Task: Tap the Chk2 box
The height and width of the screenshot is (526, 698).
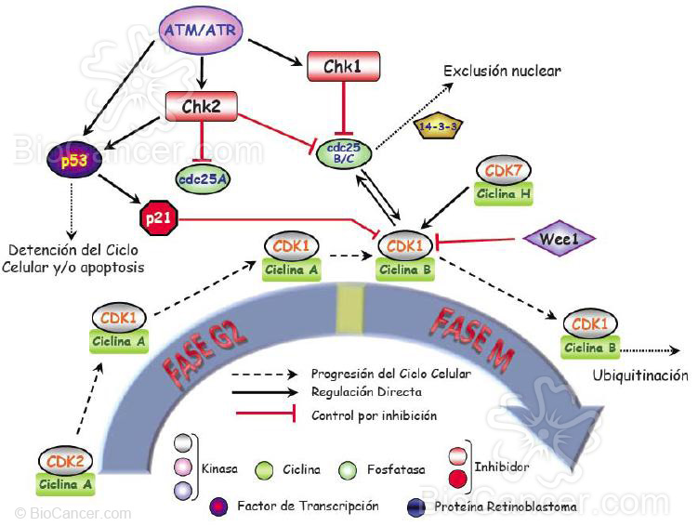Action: coord(201,105)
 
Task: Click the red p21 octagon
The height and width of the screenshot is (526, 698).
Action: coord(152,218)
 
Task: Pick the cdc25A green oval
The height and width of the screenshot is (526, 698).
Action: coord(203,174)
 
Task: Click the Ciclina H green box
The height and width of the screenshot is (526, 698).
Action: coord(503,193)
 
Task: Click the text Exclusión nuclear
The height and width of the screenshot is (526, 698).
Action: coord(502,71)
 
